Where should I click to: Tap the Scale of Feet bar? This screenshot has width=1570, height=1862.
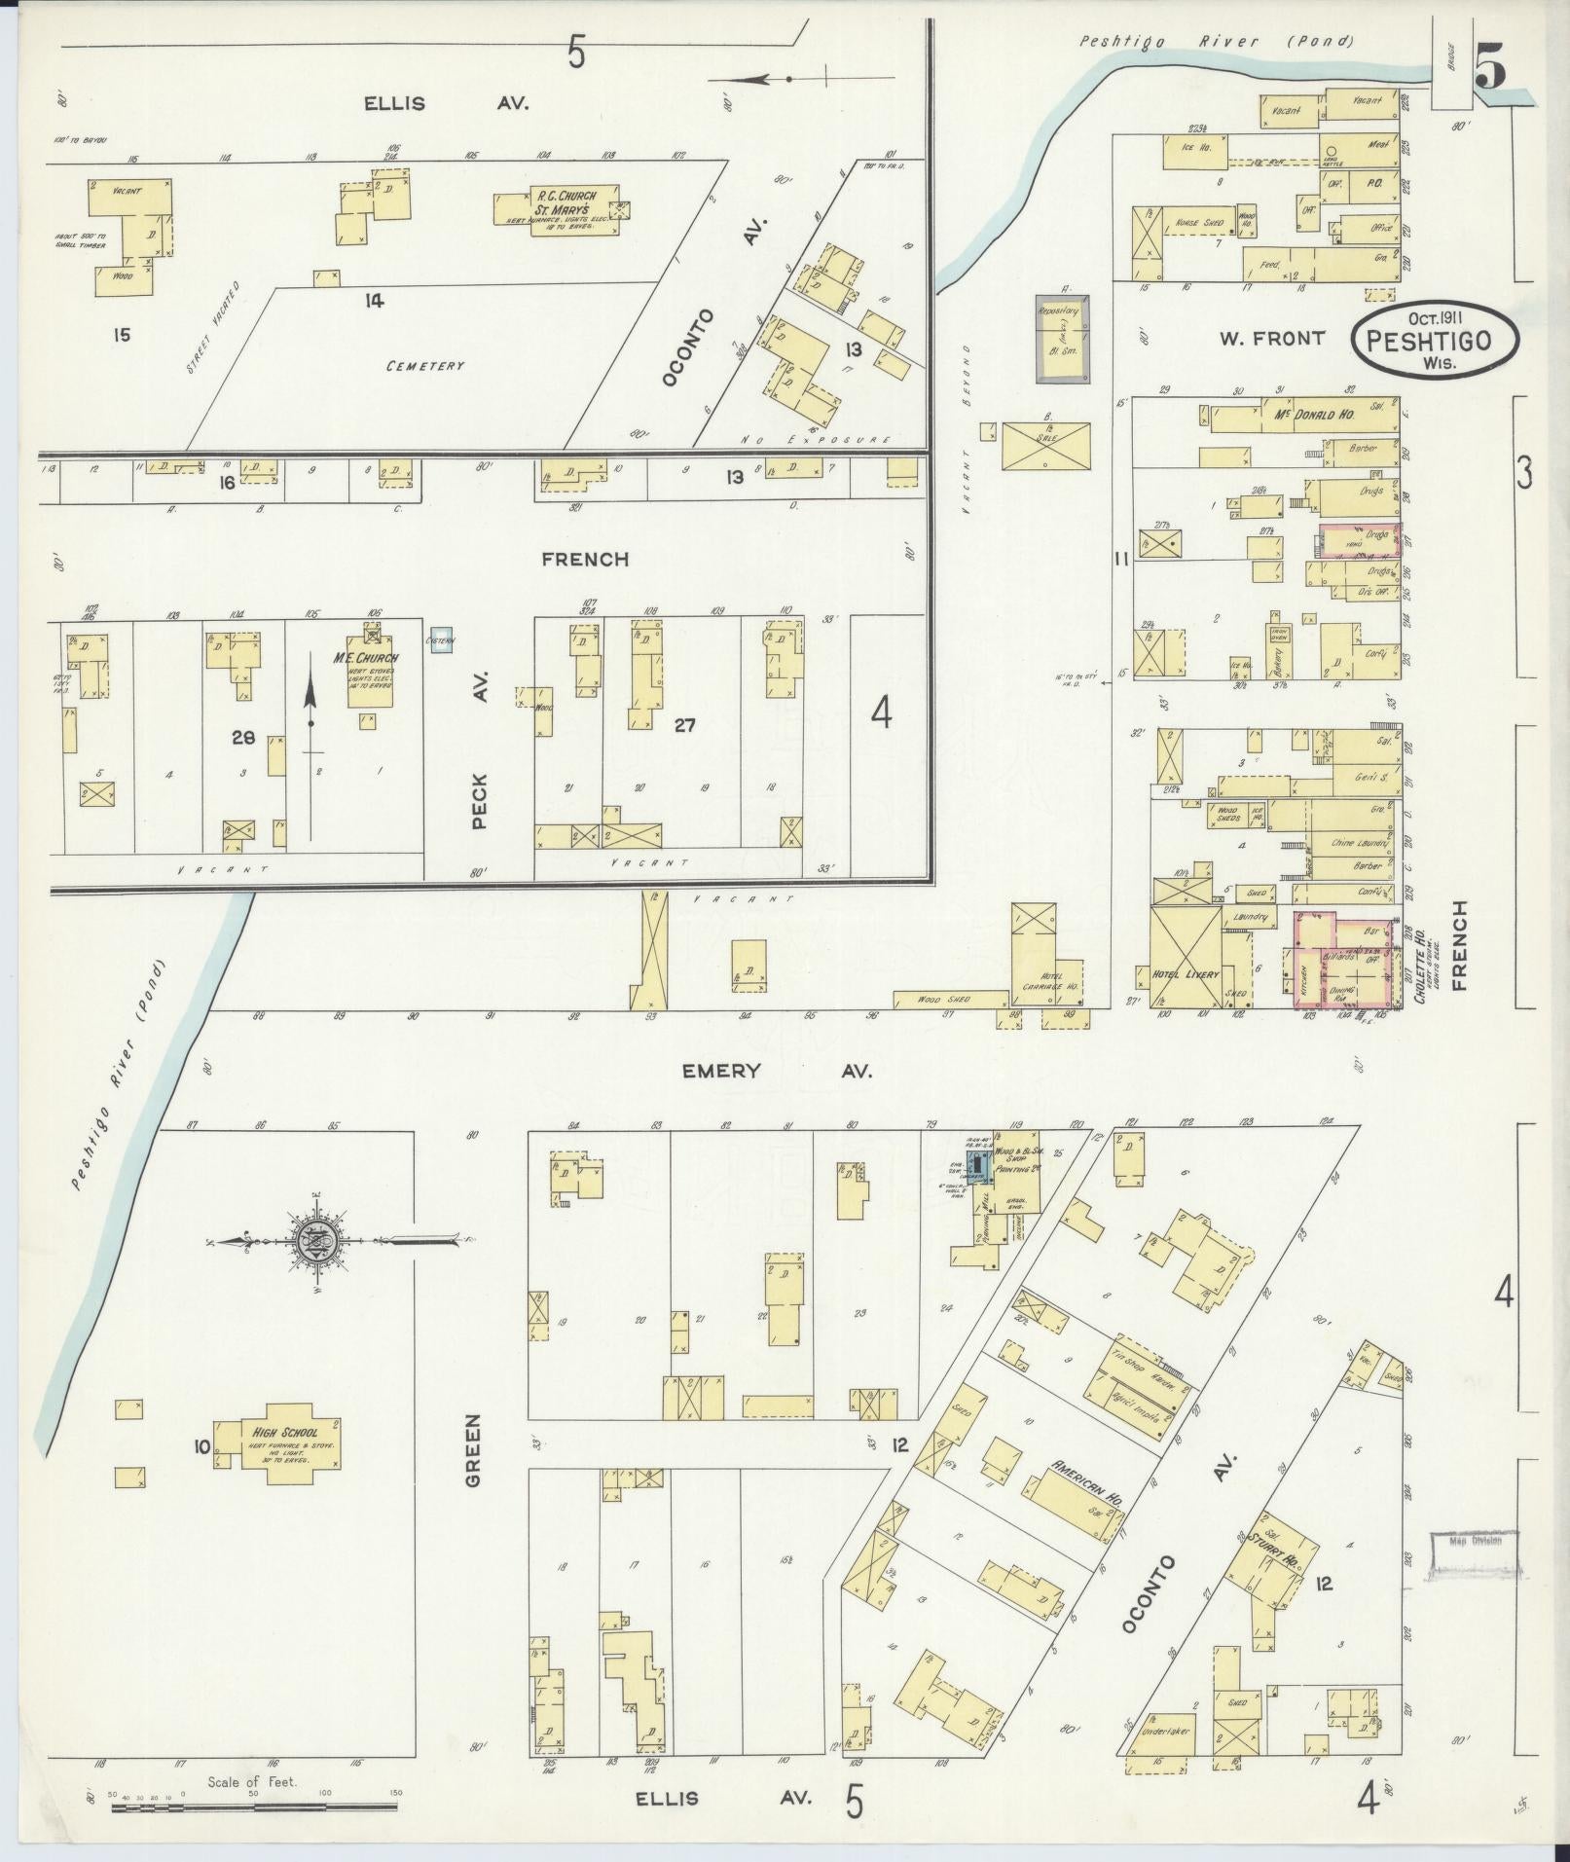click(x=253, y=1807)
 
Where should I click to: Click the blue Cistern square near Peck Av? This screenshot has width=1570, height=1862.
click(x=442, y=639)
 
